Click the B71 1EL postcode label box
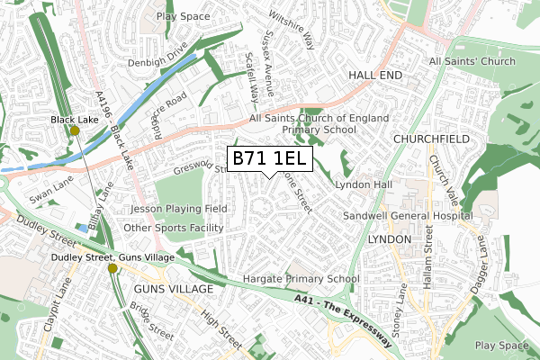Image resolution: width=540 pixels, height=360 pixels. [270, 159]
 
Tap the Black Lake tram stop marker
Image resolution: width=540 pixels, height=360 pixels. [75, 130]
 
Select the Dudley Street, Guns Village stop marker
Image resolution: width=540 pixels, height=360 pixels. [112, 268]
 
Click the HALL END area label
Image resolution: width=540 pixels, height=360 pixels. [375, 76]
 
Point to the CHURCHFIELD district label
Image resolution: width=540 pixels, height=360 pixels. [432, 140]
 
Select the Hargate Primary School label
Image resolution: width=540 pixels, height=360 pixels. [294, 279]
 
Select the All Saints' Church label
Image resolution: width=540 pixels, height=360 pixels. [472, 61]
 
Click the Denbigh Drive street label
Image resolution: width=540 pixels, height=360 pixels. [157, 62]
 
